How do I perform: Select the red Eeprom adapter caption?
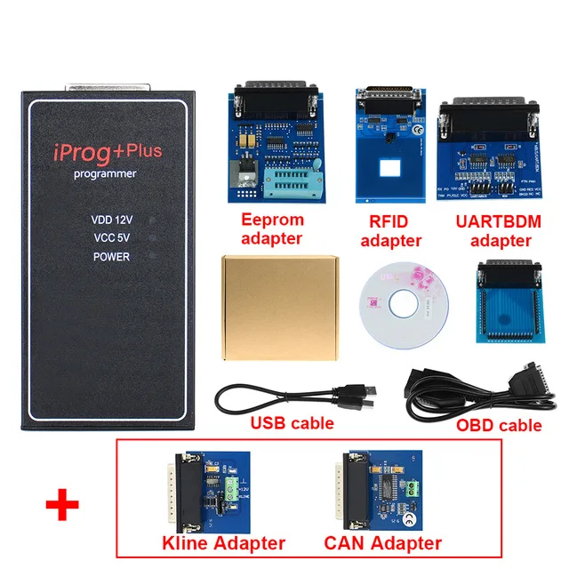click(x=272, y=228)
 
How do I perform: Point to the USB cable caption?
click(x=293, y=422)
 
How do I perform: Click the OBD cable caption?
click(x=498, y=425)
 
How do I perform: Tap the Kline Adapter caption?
click(x=222, y=542)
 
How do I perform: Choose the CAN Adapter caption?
click(x=384, y=542)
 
